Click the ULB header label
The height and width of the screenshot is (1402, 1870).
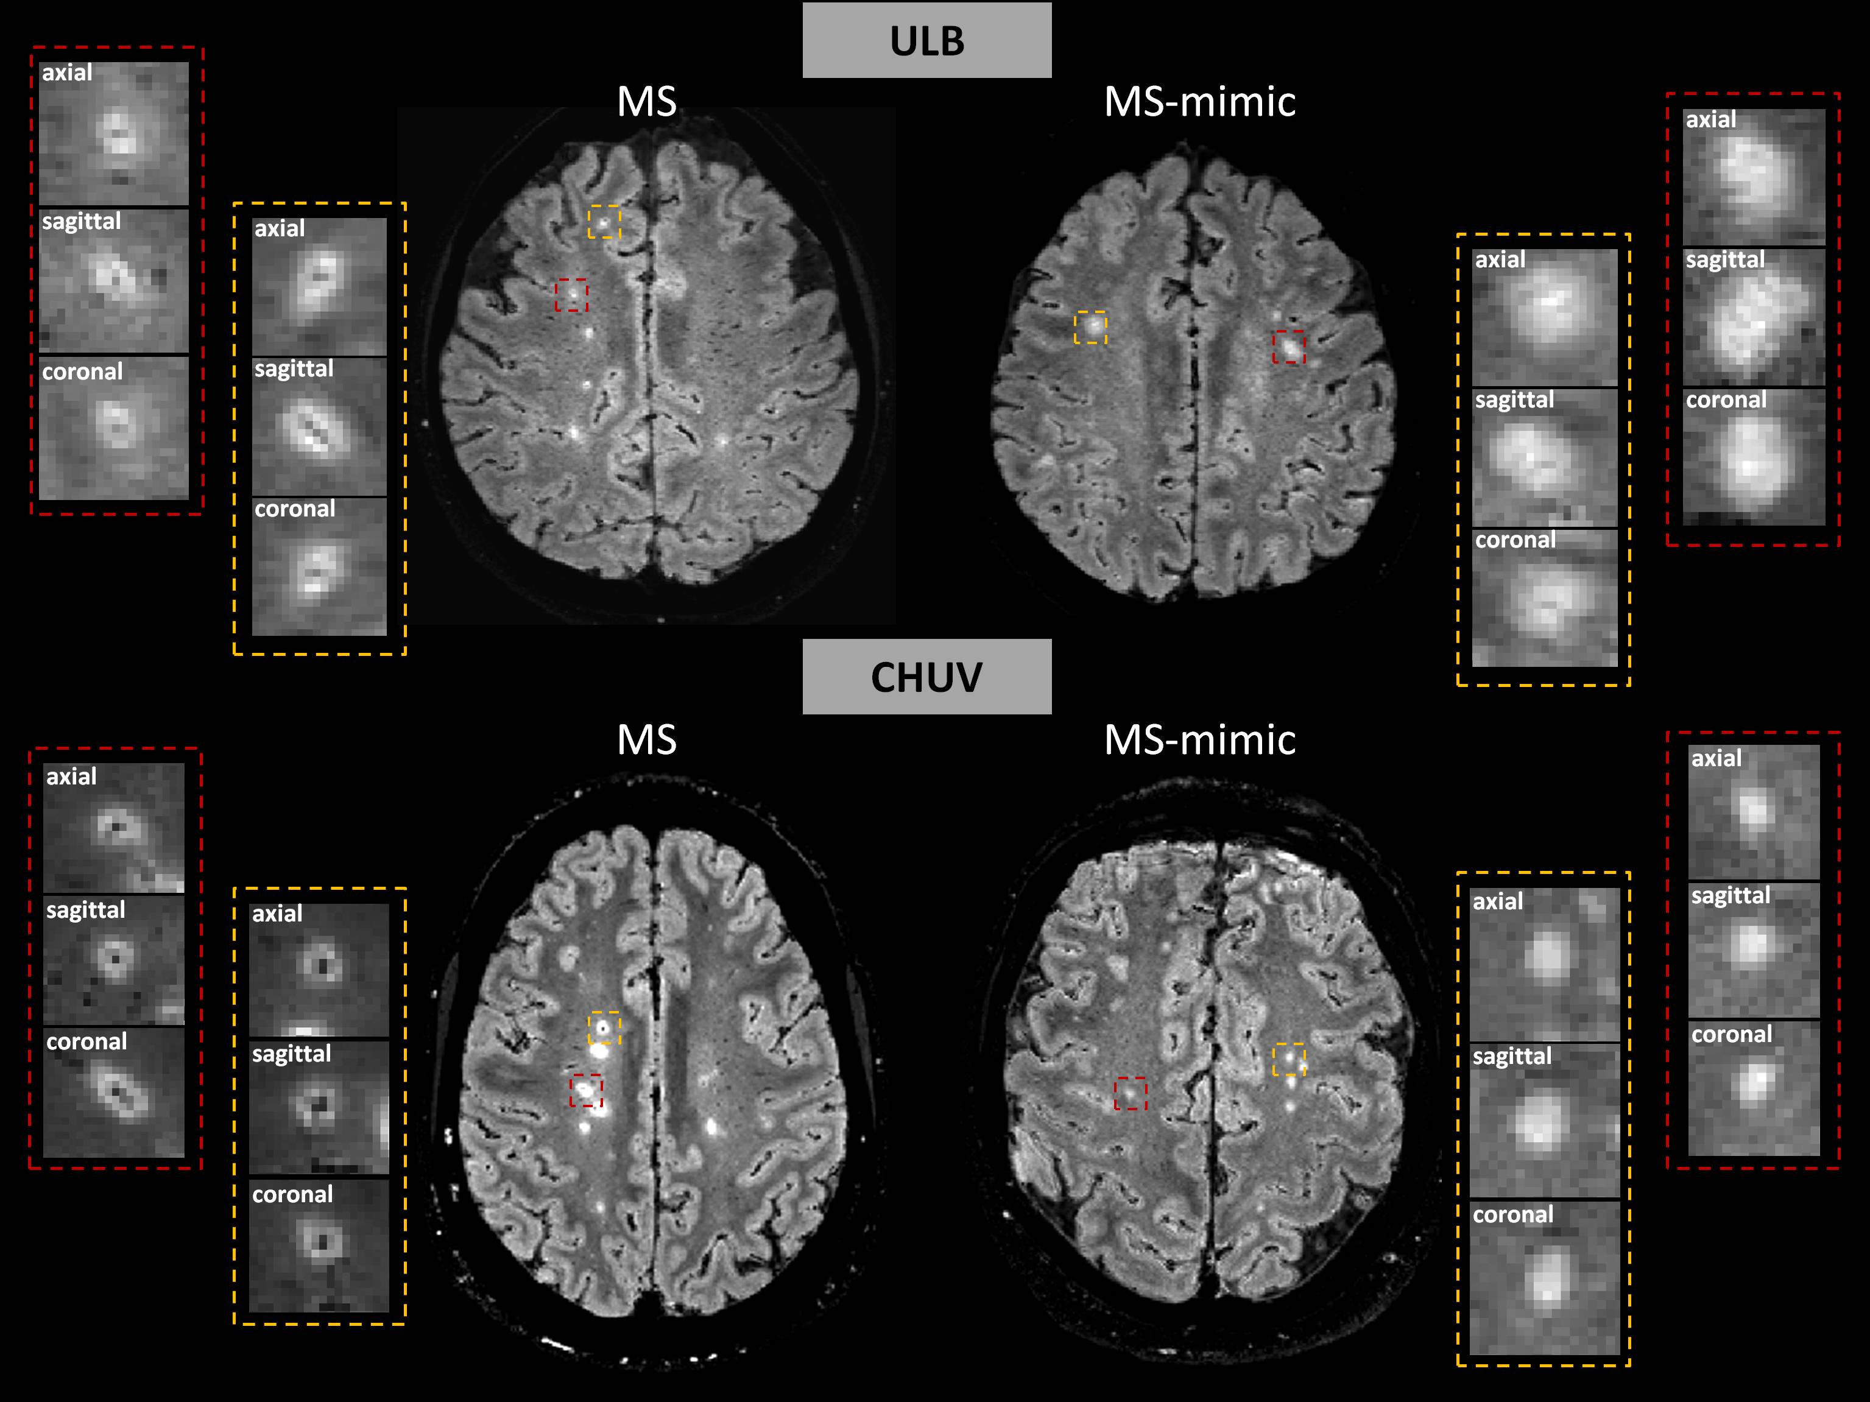926,41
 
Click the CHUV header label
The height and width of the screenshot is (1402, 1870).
926,677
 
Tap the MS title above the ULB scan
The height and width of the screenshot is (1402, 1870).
647,102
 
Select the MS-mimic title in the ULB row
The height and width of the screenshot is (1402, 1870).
1199,102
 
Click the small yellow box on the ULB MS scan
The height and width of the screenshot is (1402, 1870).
604,222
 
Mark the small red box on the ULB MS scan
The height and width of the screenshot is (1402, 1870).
571,295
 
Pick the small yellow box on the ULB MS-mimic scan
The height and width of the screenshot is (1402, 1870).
1090,327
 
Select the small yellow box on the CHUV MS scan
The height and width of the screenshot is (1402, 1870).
604,1027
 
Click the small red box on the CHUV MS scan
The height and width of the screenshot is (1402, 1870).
587,1090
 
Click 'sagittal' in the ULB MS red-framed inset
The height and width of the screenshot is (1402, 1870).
81,222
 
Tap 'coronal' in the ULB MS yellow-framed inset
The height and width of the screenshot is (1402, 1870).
295,509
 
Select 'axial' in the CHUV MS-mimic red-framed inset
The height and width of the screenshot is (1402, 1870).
1716,758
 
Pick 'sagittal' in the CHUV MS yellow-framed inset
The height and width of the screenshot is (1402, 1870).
292,1054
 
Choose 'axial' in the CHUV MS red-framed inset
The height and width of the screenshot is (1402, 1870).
71,777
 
